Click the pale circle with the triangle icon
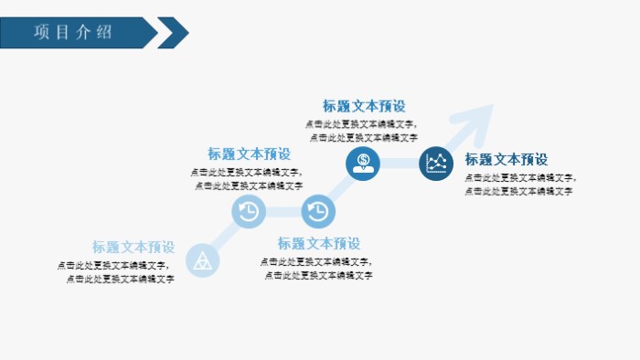pos(202,259)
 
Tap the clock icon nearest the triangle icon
pos(249,211)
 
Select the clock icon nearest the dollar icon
pos(317,211)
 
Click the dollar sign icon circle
pos(363,164)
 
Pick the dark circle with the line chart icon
pos(436,164)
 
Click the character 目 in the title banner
pos(63,32)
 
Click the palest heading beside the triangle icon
pos(133,247)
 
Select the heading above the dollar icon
pos(363,106)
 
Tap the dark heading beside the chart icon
pos(506,159)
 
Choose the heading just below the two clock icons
pos(319,243)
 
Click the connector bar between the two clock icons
pos(283,211)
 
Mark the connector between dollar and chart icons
pos(400,164)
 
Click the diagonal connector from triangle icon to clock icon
pos(225,236)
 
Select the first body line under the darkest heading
pos(519,178)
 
